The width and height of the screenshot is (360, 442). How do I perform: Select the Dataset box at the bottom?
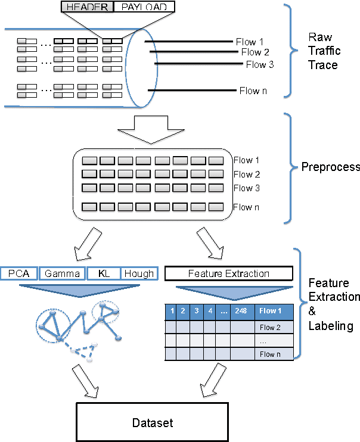[152, 422]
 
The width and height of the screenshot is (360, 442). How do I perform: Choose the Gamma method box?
[63, 274]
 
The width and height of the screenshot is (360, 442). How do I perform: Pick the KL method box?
[103, 274]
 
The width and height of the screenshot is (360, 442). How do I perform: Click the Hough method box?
[138, 274]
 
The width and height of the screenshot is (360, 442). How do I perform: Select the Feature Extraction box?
[229, 274]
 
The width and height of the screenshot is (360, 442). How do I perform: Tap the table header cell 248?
[241, 311]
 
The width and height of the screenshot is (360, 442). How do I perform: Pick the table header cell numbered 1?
[172, 311]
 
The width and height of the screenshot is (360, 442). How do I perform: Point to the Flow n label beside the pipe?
[249, 91]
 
